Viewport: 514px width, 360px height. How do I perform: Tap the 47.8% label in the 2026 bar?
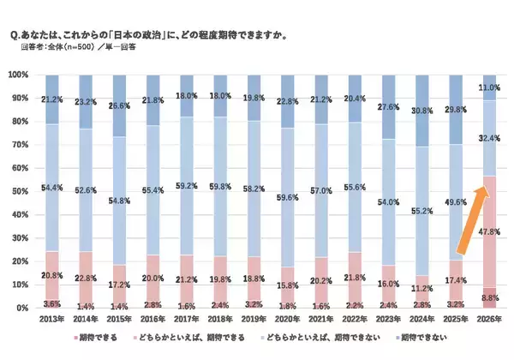coord(488,231)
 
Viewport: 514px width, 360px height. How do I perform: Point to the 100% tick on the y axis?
coord(19,75)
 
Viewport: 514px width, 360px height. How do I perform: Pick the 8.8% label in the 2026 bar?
coord(488,297)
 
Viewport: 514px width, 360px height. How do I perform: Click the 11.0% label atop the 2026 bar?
coord(489,87)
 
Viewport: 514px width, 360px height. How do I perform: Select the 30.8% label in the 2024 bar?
coord(420,111)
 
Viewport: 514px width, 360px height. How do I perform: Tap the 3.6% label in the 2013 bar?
coord(51,303)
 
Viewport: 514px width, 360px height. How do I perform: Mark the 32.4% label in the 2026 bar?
coord(489,137)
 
